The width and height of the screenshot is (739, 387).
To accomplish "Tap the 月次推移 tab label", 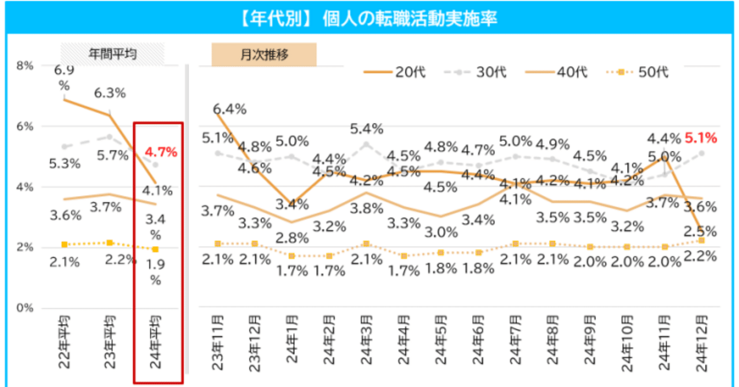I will [x=264, y=54].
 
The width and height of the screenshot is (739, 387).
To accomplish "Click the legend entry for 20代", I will [x=395, y=72].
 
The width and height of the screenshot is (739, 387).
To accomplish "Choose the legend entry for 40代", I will [x=557, y=72].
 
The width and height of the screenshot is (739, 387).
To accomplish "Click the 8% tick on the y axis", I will [x=25, y=66].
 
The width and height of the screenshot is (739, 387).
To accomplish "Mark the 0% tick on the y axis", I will [x=25, y=308].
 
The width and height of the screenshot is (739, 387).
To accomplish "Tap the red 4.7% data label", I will [x=161, y=152].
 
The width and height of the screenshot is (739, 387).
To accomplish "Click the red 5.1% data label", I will [x=700, y=137].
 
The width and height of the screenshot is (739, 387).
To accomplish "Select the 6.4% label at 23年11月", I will [x=230, y=109].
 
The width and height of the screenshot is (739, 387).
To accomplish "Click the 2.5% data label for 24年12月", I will [x=700, y=232].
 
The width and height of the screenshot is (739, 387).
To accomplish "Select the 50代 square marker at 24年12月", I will [x=701, y=240].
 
